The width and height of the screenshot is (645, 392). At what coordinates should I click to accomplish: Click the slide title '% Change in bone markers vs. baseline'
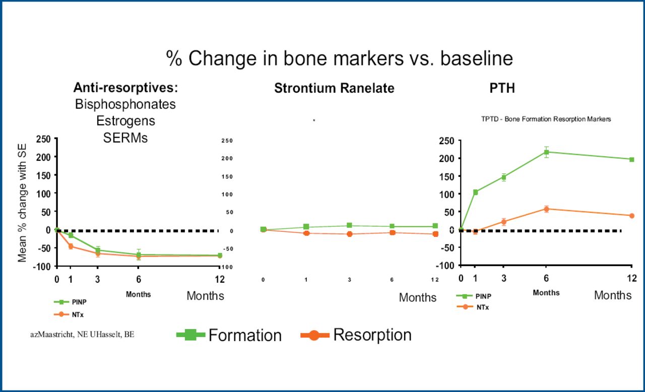click(x=340, y=58)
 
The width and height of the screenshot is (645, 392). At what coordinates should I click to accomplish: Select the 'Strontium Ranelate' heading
click(x=334, y=89)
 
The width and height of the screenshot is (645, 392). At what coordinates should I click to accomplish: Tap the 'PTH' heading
click(x=502, y=89)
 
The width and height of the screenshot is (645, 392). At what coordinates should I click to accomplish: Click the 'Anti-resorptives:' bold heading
click(x=125, y=88)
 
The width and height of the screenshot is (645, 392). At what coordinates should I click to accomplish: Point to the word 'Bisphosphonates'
click(x=125, y=104)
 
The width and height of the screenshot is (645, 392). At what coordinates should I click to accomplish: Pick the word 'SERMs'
click(x=125, y=138)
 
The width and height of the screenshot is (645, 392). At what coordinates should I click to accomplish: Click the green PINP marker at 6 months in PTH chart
click(x=546, y=152)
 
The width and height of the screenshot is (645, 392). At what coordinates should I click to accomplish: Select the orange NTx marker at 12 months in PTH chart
click(x=631, y=216)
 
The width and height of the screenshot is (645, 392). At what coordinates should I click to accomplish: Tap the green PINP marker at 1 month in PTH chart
click(x=475, y=192)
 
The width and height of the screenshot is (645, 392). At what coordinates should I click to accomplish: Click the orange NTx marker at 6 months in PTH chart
click(x=546, y=209)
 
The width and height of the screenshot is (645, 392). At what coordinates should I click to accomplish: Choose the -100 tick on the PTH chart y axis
click(x=445, y=266)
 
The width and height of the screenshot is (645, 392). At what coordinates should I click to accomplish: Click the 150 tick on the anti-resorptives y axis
click(x=44, y=175)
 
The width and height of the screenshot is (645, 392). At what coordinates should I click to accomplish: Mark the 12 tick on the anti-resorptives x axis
click(x=220, y=280)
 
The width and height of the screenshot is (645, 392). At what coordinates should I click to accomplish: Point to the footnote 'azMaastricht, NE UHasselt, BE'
click(x=82, y=335)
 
